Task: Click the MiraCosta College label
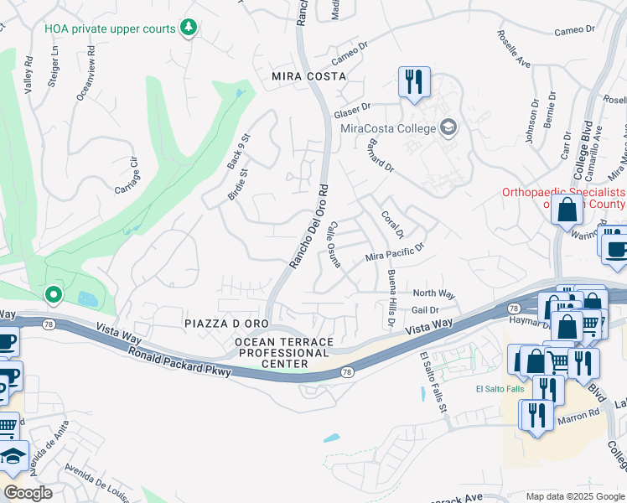coord(387,128)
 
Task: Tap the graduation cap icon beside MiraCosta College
coord(448,127)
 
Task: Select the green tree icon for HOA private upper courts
coord(189,29)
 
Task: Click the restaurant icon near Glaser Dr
coord(414,82)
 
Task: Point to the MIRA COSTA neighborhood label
coord(308,76)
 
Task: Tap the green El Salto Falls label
coord(500,388)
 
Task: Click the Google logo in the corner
coord(28,492)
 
